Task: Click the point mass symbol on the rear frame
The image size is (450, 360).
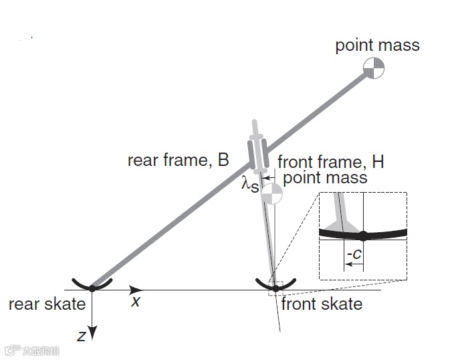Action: point(374,67)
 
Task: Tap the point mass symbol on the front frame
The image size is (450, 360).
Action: point(271,194)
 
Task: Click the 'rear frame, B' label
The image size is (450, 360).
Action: point(179,161)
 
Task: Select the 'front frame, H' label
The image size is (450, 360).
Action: point(330,162)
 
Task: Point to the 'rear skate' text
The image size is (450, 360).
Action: point(47,304)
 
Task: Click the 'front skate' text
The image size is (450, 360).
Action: point(322,304)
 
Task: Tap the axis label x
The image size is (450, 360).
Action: point(136,301)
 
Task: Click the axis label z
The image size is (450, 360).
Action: point(81,336)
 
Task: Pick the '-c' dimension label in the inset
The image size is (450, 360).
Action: point(354,254)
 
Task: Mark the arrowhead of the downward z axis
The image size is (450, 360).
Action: point(92,333)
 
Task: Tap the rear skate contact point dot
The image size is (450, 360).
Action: point(92,288)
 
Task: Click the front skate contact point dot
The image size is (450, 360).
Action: point(275,288)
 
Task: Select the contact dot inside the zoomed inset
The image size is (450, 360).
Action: point(362,236)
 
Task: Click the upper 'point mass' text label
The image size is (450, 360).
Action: point(377,46)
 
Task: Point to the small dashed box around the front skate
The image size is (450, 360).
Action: point(276,288)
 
